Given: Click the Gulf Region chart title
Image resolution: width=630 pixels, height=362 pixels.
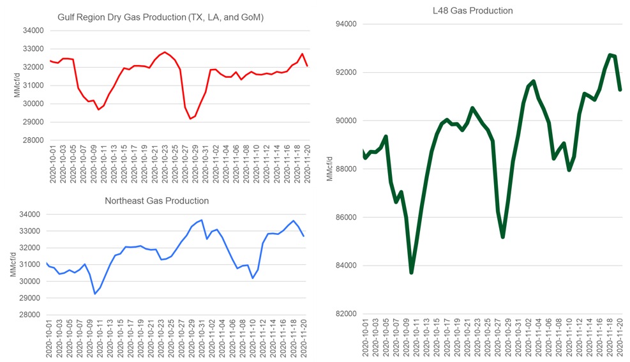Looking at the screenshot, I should pyautogui.click(x=160, y=17).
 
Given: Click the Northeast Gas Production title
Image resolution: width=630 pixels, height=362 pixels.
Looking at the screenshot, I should pyautogui.click(x=156, y=200).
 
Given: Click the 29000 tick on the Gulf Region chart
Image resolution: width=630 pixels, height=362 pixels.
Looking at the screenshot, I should pyautogui.click(x=33, y=122).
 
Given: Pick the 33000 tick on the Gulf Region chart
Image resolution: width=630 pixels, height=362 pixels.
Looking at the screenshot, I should pyautogui.click(x=33, y=49).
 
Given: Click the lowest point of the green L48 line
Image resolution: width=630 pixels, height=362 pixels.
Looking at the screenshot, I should pyautogui.click(x=411, y=273).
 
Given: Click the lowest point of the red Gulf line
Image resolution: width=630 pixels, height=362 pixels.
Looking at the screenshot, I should pyautogui.click(x=190, y=119).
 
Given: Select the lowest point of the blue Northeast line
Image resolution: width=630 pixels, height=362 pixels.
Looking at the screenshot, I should pyautogui.click(x=94, y=294).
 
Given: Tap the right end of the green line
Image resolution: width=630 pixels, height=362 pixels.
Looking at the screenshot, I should pyautogui.click(x=620, y=90).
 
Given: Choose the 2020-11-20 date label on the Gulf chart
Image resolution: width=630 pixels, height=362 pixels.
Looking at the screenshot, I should pyautogui.click(x=308, y=165).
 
